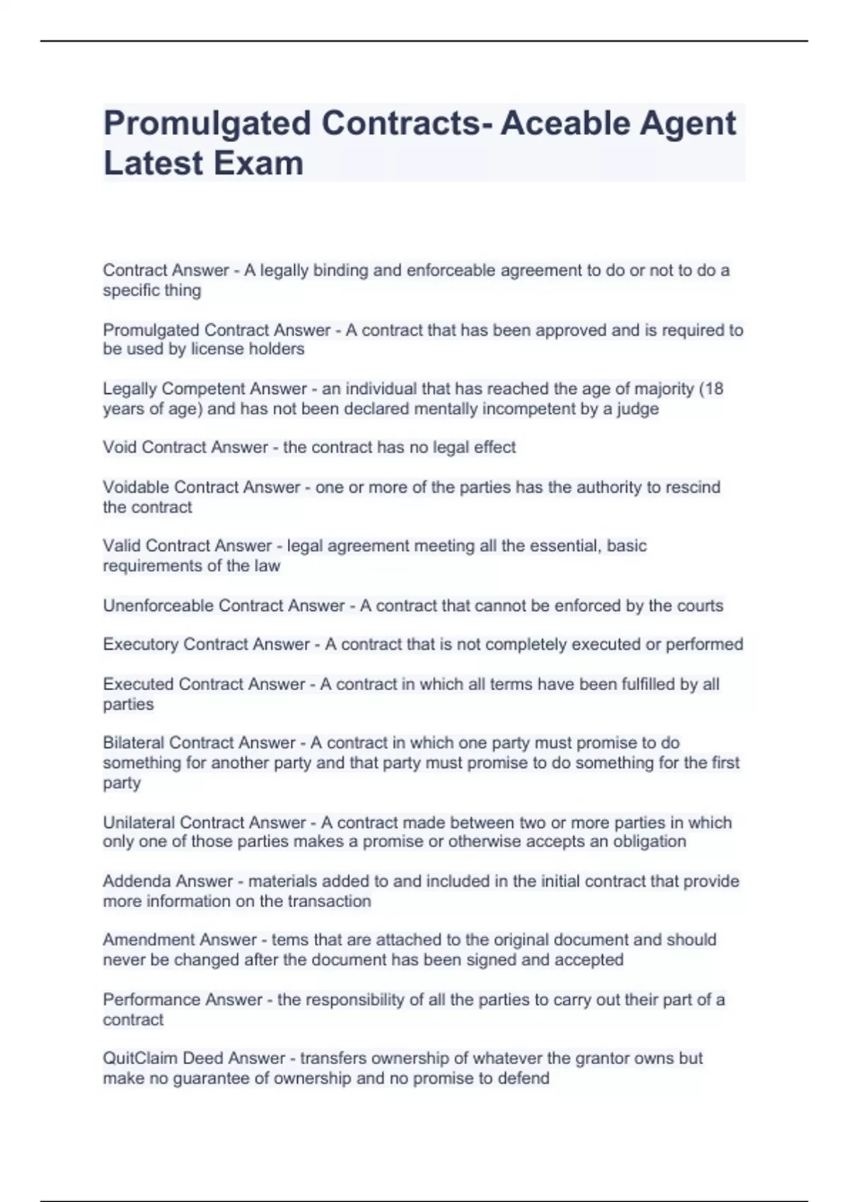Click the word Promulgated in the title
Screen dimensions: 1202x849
click(207, 124)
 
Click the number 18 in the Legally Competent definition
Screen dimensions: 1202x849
click(714, 389)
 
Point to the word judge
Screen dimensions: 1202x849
click(638, 409)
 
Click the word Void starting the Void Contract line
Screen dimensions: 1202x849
click(120, 448)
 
